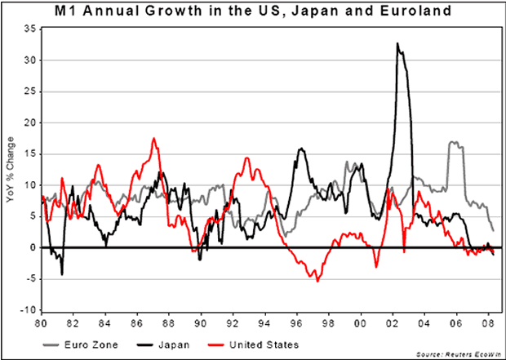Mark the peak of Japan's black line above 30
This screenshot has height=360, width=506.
[397, 43]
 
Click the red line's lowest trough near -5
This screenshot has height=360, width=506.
[317, 280]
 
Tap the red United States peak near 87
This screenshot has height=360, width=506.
[153, 139]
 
